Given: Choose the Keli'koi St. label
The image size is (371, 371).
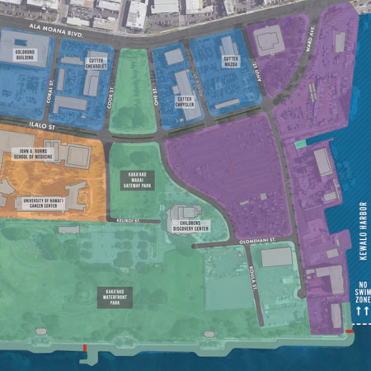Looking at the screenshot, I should (124, 221).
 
